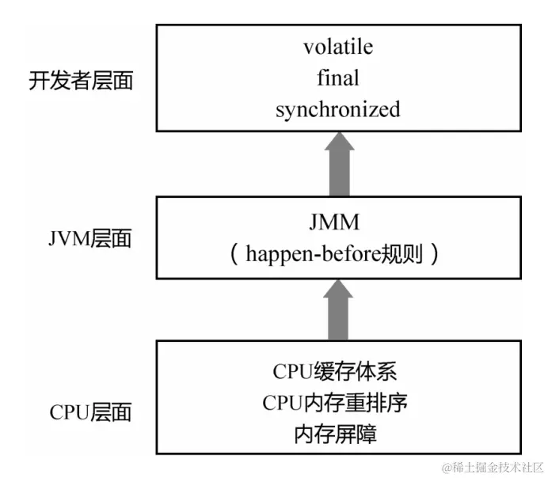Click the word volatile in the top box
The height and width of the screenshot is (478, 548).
tap(337, 47)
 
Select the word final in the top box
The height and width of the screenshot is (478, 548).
tap(337, 78)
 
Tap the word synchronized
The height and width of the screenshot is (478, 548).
tap(337, 109)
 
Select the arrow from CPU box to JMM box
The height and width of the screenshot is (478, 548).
tap(339, 309)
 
